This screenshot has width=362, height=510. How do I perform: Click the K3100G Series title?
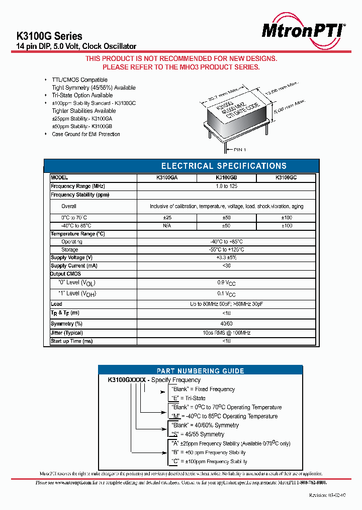pos(50,36)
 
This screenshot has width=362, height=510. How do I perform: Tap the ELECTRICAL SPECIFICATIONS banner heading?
pos(224,166)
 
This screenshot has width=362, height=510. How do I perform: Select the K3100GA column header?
pos(166,178)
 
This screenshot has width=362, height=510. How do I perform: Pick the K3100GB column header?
pos(226,178)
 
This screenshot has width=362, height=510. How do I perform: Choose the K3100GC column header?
pos(286,178)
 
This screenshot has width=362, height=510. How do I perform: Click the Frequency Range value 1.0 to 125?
pos(226,186)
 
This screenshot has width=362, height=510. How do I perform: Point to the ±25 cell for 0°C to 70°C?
pos(166,217)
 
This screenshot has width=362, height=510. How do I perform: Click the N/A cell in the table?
pos(166,226)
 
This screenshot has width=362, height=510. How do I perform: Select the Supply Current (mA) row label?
pos(74,266)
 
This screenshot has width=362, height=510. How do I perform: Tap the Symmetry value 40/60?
pos(226,324)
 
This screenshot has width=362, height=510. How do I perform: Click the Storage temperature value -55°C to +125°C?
pos(226,249)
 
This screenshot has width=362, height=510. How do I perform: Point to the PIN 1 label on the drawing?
pos(239,150)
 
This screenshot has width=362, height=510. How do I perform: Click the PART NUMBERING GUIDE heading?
pos(201,371)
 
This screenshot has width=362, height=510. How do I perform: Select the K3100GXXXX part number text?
pos(127,380)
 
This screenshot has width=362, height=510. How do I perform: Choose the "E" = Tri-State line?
pos(188,398)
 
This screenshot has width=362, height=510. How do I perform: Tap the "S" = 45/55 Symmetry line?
pos(198,434)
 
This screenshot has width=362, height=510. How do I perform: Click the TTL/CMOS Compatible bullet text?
pos(79,80)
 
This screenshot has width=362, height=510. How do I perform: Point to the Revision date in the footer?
pos(327,495)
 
